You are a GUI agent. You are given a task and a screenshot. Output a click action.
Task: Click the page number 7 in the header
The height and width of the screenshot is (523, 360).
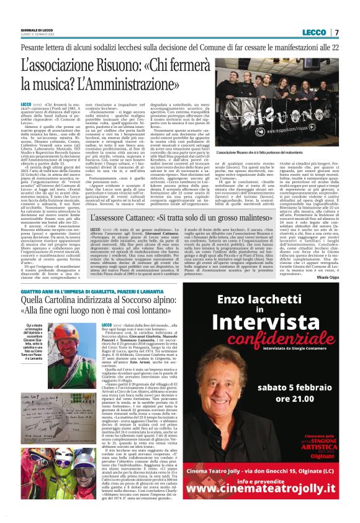click(336, 32)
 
